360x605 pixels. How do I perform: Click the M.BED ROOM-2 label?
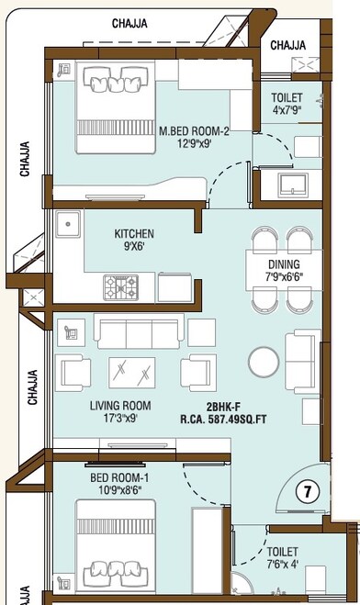click(193, 131)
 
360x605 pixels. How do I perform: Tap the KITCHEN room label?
click(133, 233)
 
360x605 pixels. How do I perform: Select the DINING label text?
click(283, 264)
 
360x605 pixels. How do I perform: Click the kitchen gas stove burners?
click(119, 287)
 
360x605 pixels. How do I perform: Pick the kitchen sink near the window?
click(67, 224)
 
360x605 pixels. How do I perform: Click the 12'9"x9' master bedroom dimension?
click(193, 144)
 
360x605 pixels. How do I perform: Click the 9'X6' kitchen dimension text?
click(133, 247)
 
